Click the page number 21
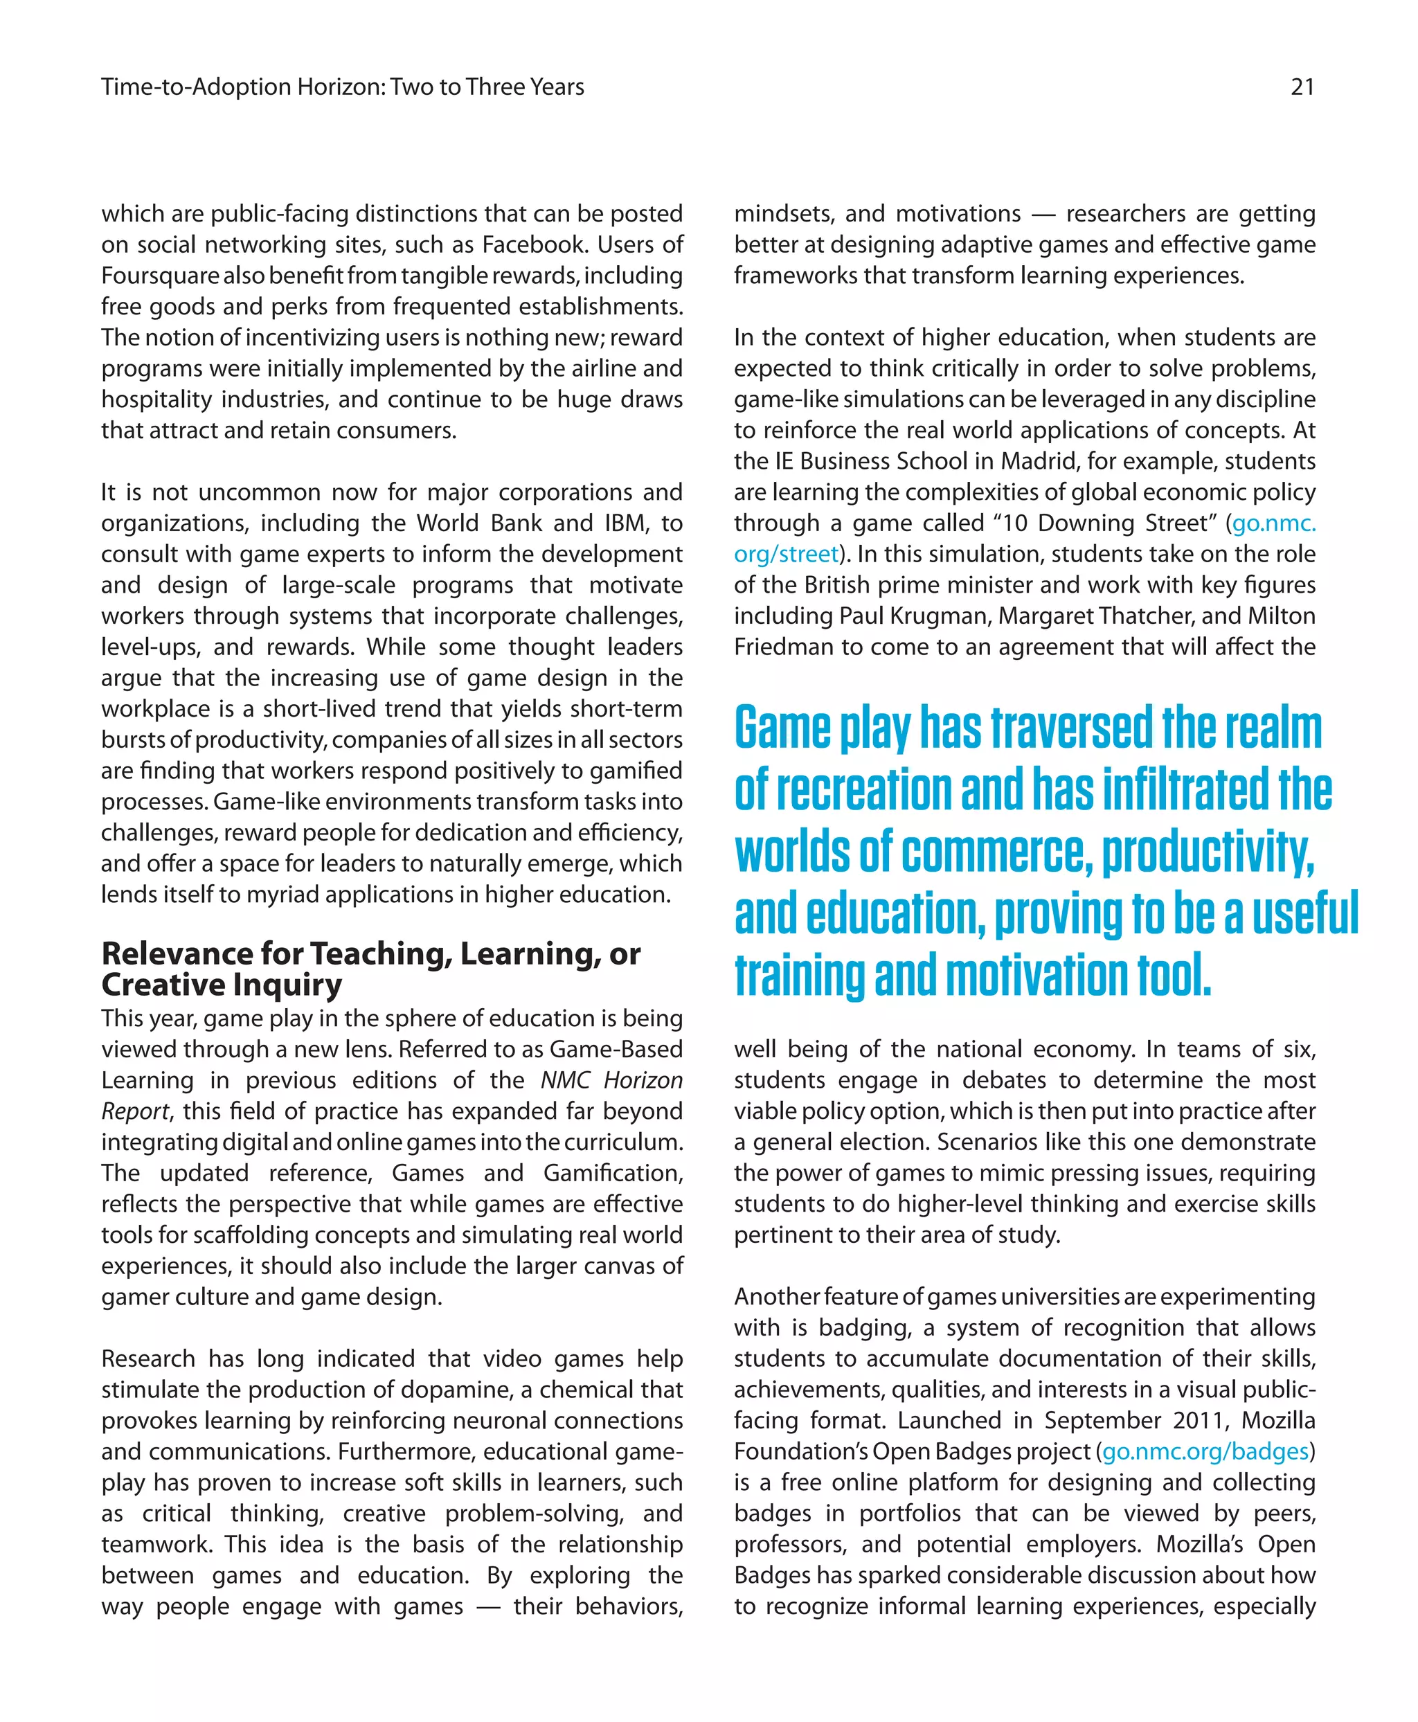pyautogui.click(x=1302, y=87)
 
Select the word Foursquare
pyautogui.click(x=160, y=276)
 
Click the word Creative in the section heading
pyautogui.click(x=152, y=985)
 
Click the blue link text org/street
pyautogui.click(x=786, y=554)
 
